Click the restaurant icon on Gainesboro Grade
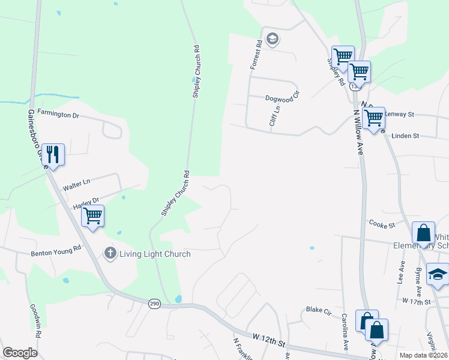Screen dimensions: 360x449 tap(53, 155)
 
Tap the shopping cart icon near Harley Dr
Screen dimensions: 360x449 tap(92, 215)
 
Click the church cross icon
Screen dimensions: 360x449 tap(110, 253)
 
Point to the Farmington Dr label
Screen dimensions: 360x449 tap(58, 112)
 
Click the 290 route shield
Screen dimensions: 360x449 tap(154, 305)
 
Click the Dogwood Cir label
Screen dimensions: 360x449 tap(282, 99)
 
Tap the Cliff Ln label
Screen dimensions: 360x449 tap(276, 115)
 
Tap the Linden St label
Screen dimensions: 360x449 tap(405, 136)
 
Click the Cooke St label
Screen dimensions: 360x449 tap(382, 225)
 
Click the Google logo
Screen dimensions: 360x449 tap(20, 353)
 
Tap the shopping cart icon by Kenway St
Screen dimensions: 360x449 tap(373, 118)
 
